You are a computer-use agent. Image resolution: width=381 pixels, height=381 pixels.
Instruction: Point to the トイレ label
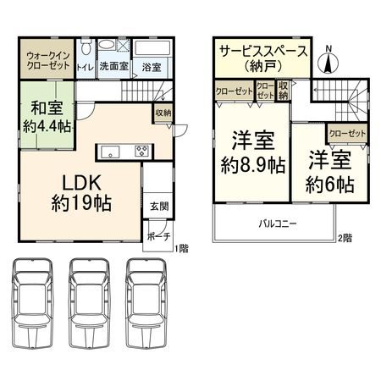click(85, 66)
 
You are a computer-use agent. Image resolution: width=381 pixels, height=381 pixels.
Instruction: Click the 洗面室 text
click(112, 66)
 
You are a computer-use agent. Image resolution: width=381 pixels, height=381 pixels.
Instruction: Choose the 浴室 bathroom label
click(152, 66)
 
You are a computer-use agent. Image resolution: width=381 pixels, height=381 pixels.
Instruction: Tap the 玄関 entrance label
click(159, 206)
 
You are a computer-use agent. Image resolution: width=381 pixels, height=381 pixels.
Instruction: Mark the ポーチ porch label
click(158, 235)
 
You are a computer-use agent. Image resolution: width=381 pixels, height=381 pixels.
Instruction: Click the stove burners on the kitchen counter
click(141, 152)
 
